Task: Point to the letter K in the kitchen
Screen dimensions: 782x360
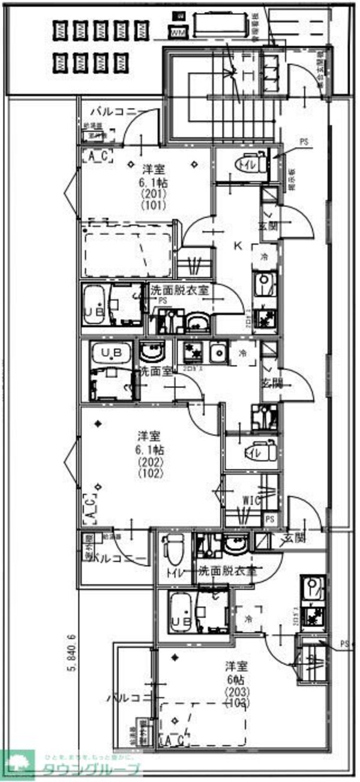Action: (x=237, y=245)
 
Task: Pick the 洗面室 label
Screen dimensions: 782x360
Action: (x=157, y=371)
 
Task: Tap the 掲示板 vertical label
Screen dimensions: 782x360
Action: (x=291, y=178)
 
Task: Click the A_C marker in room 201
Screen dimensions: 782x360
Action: (x=97, y=157)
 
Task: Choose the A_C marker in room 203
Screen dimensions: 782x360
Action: (x=173, y=742)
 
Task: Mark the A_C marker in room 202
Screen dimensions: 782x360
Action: (x=87, y=508)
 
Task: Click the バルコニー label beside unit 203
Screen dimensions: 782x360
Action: (x=127, y=698)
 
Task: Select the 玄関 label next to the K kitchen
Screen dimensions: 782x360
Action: (x=267, y=225)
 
